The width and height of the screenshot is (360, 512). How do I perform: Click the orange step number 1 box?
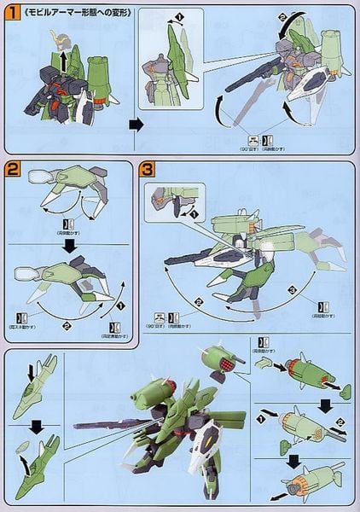tap(11, 11)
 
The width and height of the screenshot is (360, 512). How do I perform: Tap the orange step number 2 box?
tap(11, 169)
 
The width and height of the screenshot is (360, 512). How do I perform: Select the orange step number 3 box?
tap(147, 169)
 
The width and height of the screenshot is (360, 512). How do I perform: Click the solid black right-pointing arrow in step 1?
tap(134, 124)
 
